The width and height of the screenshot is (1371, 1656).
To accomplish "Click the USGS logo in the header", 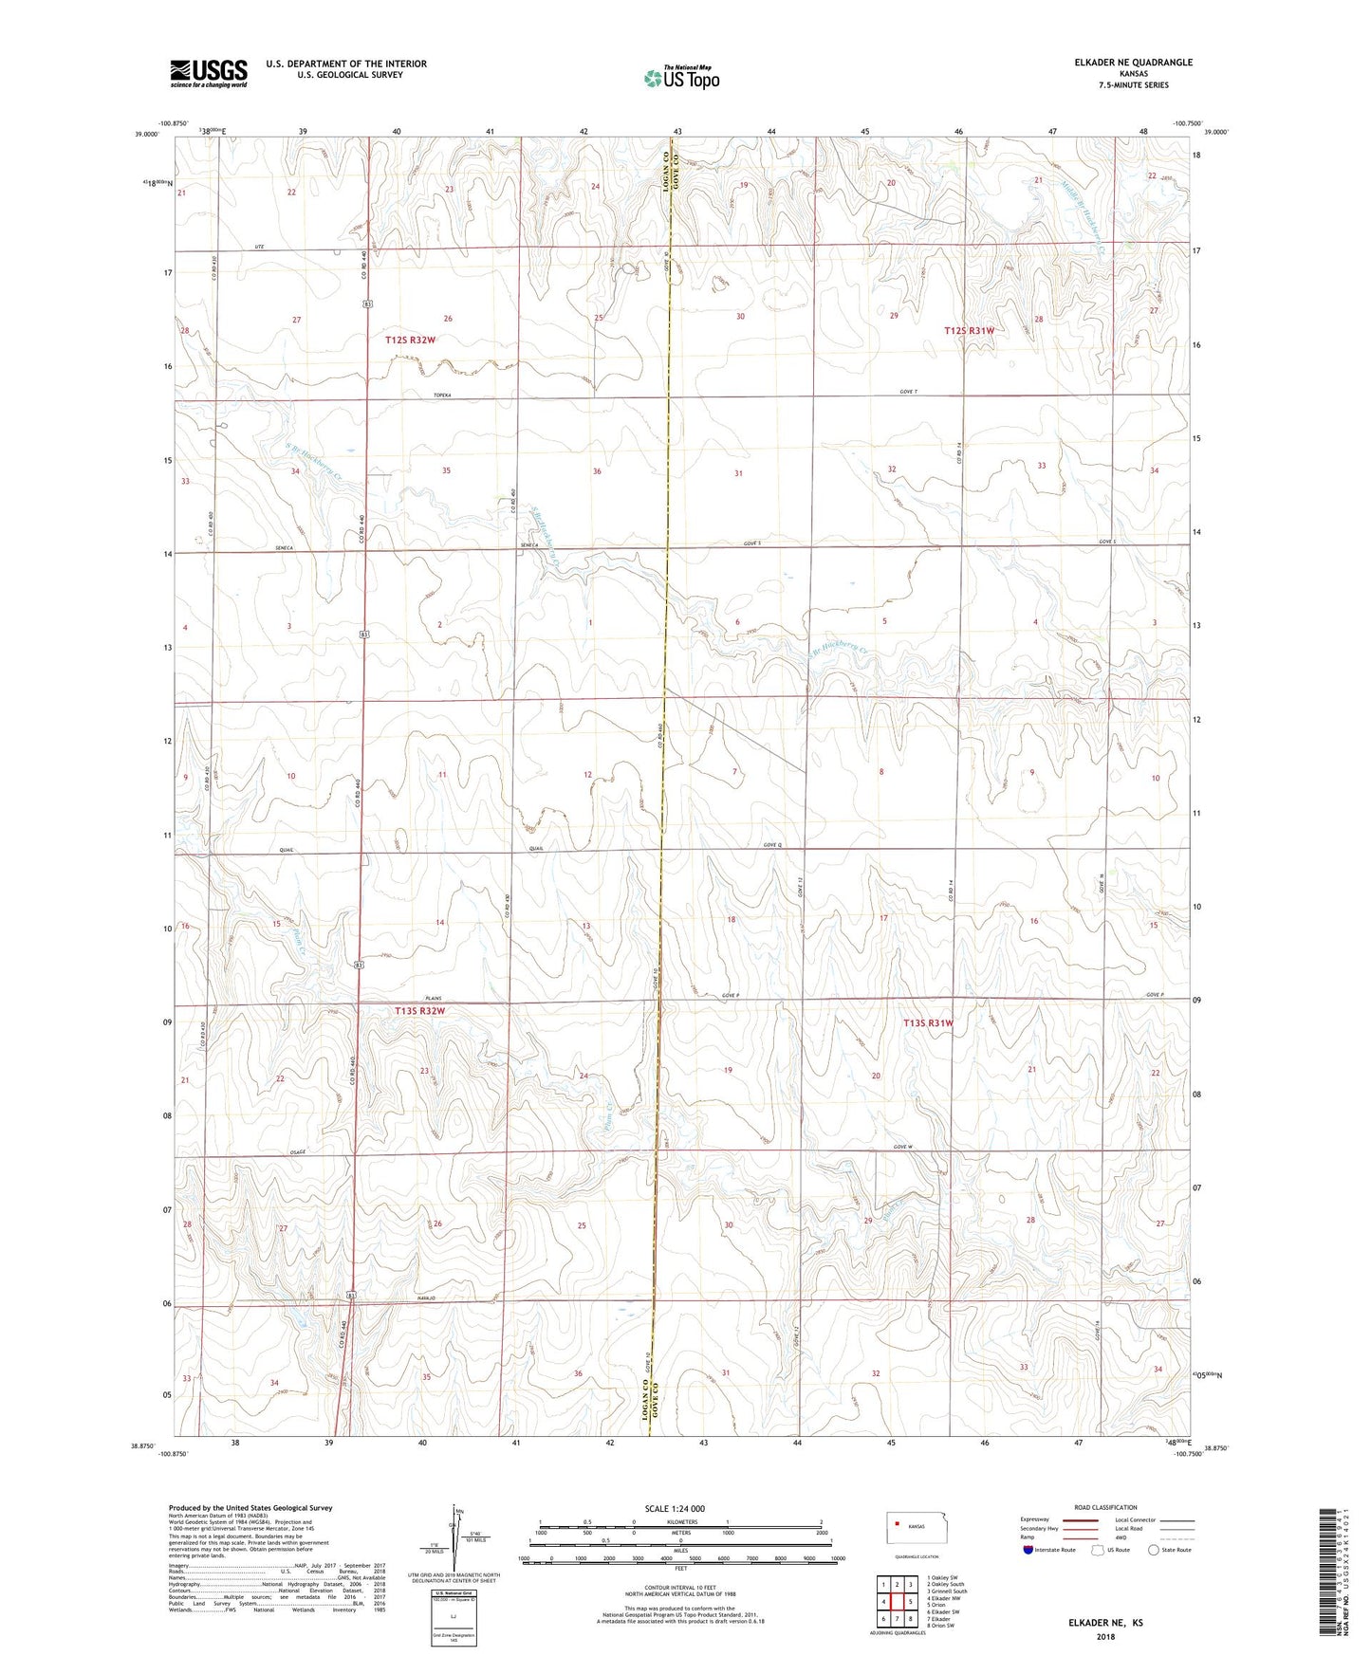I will point(209,73).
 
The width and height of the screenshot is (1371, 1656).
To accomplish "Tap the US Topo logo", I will point(679,78).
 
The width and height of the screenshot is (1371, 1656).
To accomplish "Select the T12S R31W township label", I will point(970,330).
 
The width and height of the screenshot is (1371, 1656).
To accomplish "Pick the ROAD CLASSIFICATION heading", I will point(1106,1507).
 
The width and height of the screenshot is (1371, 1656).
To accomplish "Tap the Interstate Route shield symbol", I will point(1029,1550).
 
